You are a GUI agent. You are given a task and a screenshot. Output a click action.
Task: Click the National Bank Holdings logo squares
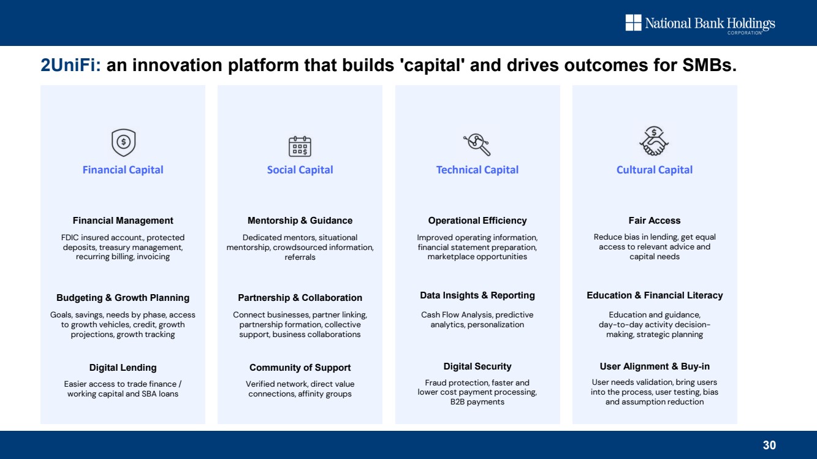click(x=633, y=23)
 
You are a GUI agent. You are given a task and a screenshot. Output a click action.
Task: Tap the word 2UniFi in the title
click(x=70, y=65)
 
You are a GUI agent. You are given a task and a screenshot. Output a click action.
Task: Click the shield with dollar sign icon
click(x=123, y=143)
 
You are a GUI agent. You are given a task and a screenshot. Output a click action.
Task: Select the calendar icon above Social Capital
click(x=300, y=146)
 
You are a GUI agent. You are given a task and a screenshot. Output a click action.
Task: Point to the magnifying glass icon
click(x=477, y=145)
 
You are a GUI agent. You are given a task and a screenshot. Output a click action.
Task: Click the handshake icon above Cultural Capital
click(x=655, y=141)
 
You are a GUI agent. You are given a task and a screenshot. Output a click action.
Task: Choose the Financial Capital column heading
click(x=123, y=170)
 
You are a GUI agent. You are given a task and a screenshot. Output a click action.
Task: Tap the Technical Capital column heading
click(x=477, y=170)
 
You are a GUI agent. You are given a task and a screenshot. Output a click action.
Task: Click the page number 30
click(x=769, y=445)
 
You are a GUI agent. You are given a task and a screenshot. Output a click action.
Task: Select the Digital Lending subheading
click(x=123, y=368)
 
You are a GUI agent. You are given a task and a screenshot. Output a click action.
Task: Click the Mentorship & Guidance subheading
click(x=300, y=221)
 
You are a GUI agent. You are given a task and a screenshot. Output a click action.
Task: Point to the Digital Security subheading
click(x=477, y=366)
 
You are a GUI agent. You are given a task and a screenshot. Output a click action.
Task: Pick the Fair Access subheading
click(x=655, y=221)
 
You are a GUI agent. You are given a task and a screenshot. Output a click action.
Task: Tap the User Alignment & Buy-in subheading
click(x=655, y=366)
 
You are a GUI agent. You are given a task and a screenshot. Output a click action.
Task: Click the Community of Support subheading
click(x=300, y=368)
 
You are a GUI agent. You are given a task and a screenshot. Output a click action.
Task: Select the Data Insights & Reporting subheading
click(x=477, y=295)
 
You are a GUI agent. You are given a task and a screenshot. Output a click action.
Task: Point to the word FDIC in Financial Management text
click(x=70, y=238)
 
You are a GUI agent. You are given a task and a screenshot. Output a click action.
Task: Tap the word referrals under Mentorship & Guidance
click(x=300, y=257)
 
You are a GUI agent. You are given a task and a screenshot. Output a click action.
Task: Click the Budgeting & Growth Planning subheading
click(x=123, y=298)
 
